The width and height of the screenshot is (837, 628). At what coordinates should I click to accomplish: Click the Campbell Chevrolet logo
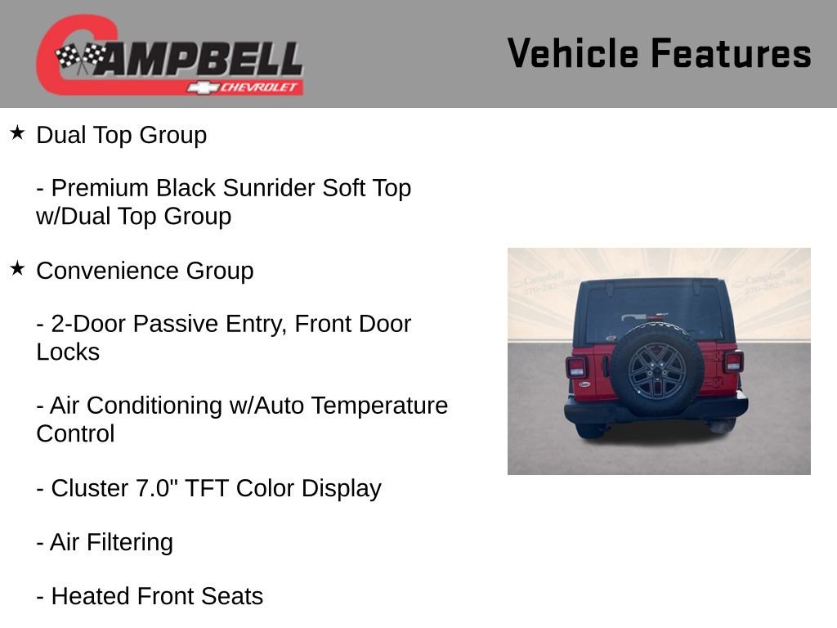pos(169,56)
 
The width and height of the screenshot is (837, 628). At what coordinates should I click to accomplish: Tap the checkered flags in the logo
pos(80,58)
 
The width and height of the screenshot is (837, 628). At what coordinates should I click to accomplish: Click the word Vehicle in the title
pos(572,54)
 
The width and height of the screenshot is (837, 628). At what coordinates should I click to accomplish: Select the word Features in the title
pos(731,54)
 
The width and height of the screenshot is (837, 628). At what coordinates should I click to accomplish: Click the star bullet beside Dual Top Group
pos(18,132)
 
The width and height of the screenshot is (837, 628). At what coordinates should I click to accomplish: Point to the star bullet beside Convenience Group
pos(18,268)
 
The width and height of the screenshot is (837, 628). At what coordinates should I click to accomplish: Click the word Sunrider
pos(269,188)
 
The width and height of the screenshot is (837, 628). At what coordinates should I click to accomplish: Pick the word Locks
pos(68,352)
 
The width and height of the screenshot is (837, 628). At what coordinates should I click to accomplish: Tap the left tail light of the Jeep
pos(576,366)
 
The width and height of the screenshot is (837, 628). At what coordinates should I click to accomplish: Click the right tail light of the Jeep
pos(733,361)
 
